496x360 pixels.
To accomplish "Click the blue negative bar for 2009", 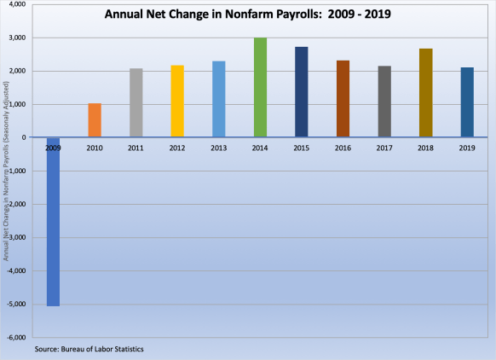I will [53, 221].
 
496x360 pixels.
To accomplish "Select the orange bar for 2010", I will [95, 120].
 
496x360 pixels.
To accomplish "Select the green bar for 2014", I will [260, 87].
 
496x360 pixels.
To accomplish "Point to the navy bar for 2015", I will [301, 91].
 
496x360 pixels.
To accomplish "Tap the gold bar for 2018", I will [425, 92].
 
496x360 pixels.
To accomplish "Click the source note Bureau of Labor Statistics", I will [89, 350].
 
